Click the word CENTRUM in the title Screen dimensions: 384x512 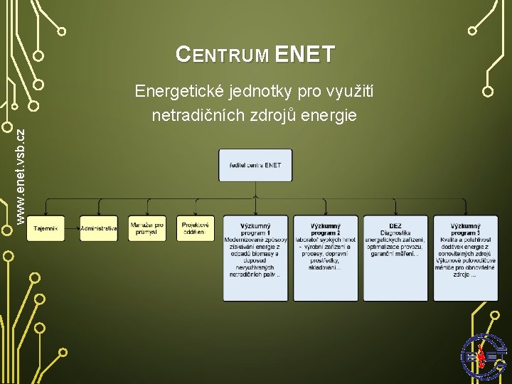(x=222, y=55)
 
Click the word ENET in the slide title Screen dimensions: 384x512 (x=304, y=54)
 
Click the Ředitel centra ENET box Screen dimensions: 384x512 (x=255, y=165)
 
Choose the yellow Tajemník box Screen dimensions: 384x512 (x=46, y=228)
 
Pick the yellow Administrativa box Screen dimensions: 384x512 (x=99, y=228)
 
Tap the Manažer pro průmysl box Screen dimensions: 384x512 (x=147, y=228)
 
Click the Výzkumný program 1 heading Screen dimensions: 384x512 (x=255, y=229)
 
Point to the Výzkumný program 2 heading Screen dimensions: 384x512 (x=326, y=229)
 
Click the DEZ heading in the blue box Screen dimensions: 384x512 (x=395, y=225)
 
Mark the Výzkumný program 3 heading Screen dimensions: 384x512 (x=465, y=229)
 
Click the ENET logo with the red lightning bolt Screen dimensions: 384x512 (x=484, y=356)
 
